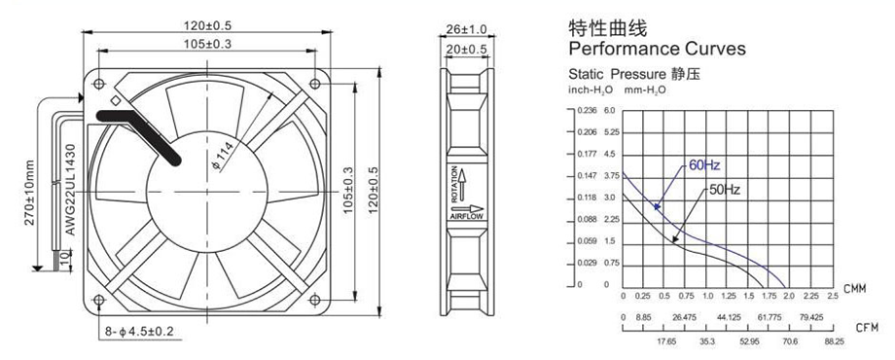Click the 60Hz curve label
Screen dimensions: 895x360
pos(704,165)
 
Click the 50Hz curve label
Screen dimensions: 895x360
pos(725,191)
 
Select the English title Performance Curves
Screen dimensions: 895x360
pos(657,49)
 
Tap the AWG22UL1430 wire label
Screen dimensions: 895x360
pos(70,190)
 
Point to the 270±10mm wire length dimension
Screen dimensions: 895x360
pos(30,193)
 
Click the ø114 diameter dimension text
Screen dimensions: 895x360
pos(223,156)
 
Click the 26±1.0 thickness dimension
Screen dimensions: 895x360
pos(466,28)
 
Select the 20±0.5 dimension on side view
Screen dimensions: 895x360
pos(466,51)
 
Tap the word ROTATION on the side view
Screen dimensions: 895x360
pos(454,184)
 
